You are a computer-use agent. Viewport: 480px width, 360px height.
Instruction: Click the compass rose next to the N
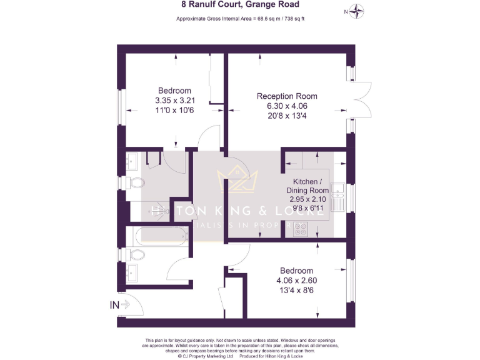coord(357,11)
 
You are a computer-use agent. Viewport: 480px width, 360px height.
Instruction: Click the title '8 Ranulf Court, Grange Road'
coord(240,4)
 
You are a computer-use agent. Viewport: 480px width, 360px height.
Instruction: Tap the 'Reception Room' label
coord(287,96)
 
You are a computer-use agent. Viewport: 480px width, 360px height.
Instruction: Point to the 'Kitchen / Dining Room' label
coord(307,186)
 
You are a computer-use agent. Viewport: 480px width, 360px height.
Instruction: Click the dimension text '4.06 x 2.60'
coord(297,280)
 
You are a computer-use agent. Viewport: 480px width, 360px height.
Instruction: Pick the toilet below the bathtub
coord(136,254)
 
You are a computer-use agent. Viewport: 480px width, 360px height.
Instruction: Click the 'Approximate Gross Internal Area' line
coord(240,19)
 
